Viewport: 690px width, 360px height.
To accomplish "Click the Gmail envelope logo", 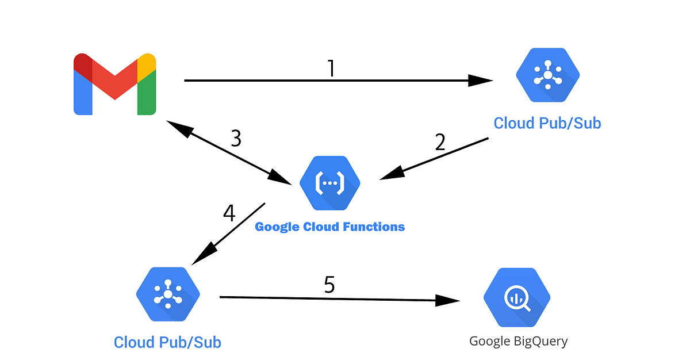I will pyautogui.click(x=115, y=84).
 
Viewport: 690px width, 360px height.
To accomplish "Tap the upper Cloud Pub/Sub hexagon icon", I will pyautogui.click(x=547, y=75).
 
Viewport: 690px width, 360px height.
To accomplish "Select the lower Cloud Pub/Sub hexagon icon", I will pyautogui.click(x=168, y=294).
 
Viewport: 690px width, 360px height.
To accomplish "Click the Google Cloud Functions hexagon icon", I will pyautogui.click(x=329, y=183).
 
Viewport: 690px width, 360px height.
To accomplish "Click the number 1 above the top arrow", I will pyautogui.click(x=331, y=68).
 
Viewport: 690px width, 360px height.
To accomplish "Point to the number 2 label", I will pyautogui.click(x=440, y=142).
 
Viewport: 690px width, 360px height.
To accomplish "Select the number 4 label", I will pyautogui.click(x=229, y=213).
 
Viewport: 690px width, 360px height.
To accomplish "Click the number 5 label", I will pyautogui.click(x=329, y=285).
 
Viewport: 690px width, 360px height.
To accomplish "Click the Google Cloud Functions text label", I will pyautogui.click(x=329, y=227).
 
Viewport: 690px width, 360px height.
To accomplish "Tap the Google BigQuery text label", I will pyautogui.click(x=518, y=341).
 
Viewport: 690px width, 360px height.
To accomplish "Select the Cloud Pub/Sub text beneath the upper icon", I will pyautogui.click(x=547, y=123).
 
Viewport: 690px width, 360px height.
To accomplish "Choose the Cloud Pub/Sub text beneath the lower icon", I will pyautogui.click(x=167, y=342).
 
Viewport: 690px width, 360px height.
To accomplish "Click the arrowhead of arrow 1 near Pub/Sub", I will pyautogui.click(x=481, y=81).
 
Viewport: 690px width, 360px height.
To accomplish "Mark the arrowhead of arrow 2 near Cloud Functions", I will pyautogui.click(x=391, y=174).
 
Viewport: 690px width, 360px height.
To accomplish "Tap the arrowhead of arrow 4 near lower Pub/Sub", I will pyautogui.click(x=201, y=256).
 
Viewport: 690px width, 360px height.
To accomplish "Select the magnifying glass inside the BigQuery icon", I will pyautogui.click(x=515, y=298).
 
